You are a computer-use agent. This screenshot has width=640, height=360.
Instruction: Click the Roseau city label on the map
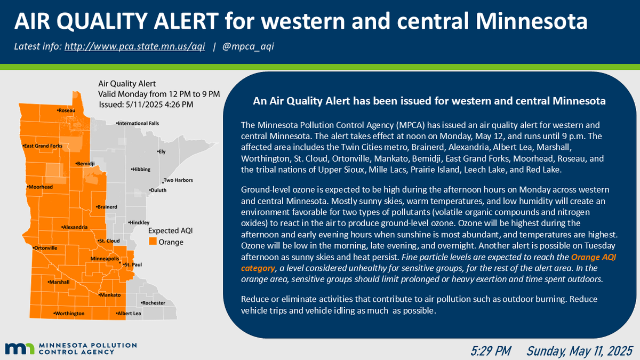pos(67,110)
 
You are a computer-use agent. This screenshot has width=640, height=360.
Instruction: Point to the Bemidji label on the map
pos(86,163)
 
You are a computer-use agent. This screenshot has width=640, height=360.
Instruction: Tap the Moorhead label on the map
pos(41,187)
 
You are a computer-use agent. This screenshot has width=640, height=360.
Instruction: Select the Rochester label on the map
pos(153,303)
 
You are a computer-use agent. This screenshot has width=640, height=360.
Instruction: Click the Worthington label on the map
pos(69,314)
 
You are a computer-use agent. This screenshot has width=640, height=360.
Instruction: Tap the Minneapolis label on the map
pos(105,259)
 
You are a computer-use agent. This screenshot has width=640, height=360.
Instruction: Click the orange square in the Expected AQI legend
pos(153,242)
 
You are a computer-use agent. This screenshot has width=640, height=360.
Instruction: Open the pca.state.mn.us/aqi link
pos(134,46)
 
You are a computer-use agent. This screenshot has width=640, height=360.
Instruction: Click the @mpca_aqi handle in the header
pos(248,46)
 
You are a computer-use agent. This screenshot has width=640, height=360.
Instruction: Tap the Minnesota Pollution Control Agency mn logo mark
pos(20,349)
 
